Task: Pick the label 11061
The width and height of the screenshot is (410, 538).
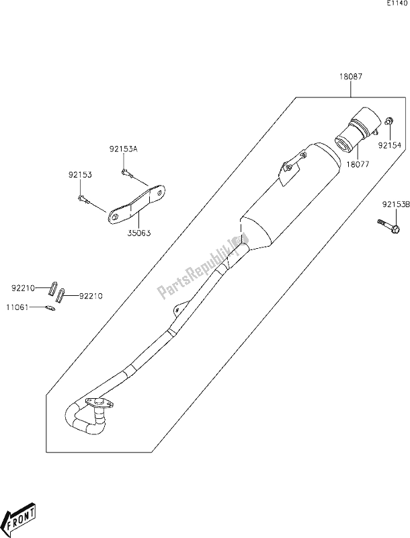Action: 22,308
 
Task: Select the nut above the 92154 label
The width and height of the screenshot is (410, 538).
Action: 389,121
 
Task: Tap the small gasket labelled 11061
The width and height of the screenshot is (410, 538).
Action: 49,309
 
